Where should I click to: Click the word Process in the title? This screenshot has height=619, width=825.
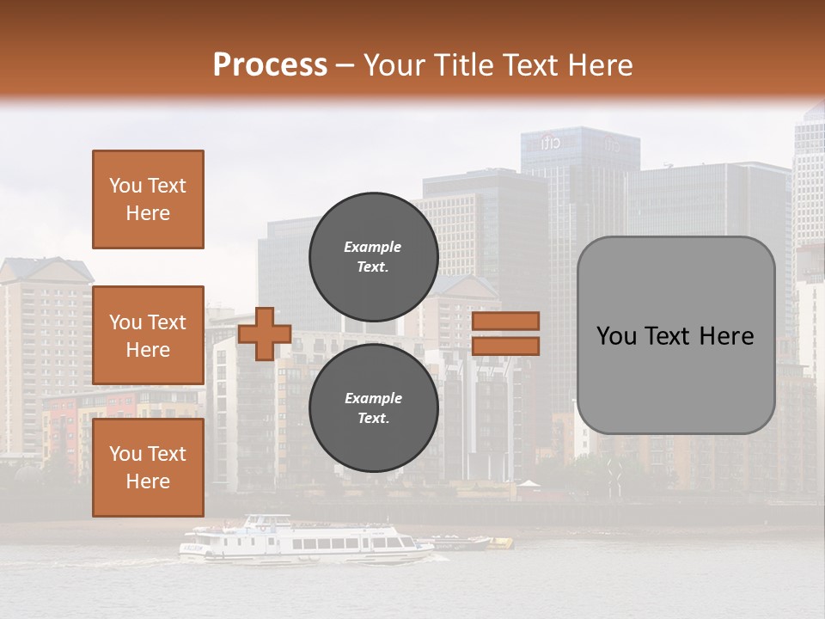pos(270,65)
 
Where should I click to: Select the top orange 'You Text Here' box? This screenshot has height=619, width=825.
pos(148,199)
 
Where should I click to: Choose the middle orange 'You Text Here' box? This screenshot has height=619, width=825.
pos(148,335)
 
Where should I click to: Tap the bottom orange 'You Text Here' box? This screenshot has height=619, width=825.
pos(148,468)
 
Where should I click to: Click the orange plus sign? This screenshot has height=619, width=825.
pos(264,334)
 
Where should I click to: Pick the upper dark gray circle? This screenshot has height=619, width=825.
pos(373,256)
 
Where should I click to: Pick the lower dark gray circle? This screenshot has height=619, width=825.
pos(373,408)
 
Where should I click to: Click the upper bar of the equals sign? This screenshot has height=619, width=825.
pos(505,321)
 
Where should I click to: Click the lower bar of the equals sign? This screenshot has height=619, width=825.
pos(505,346)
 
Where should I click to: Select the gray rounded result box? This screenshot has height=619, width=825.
pos(675,335)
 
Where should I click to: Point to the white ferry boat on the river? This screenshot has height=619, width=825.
pos(305,542)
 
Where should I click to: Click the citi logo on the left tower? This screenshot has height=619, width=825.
pos(551,143)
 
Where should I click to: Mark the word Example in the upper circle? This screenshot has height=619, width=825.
pos(373,247)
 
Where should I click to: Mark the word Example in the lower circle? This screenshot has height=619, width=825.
pos(373,398)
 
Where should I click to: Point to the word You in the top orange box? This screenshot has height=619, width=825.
pos(125,186)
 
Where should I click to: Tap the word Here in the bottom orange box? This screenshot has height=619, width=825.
pos(148,481)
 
